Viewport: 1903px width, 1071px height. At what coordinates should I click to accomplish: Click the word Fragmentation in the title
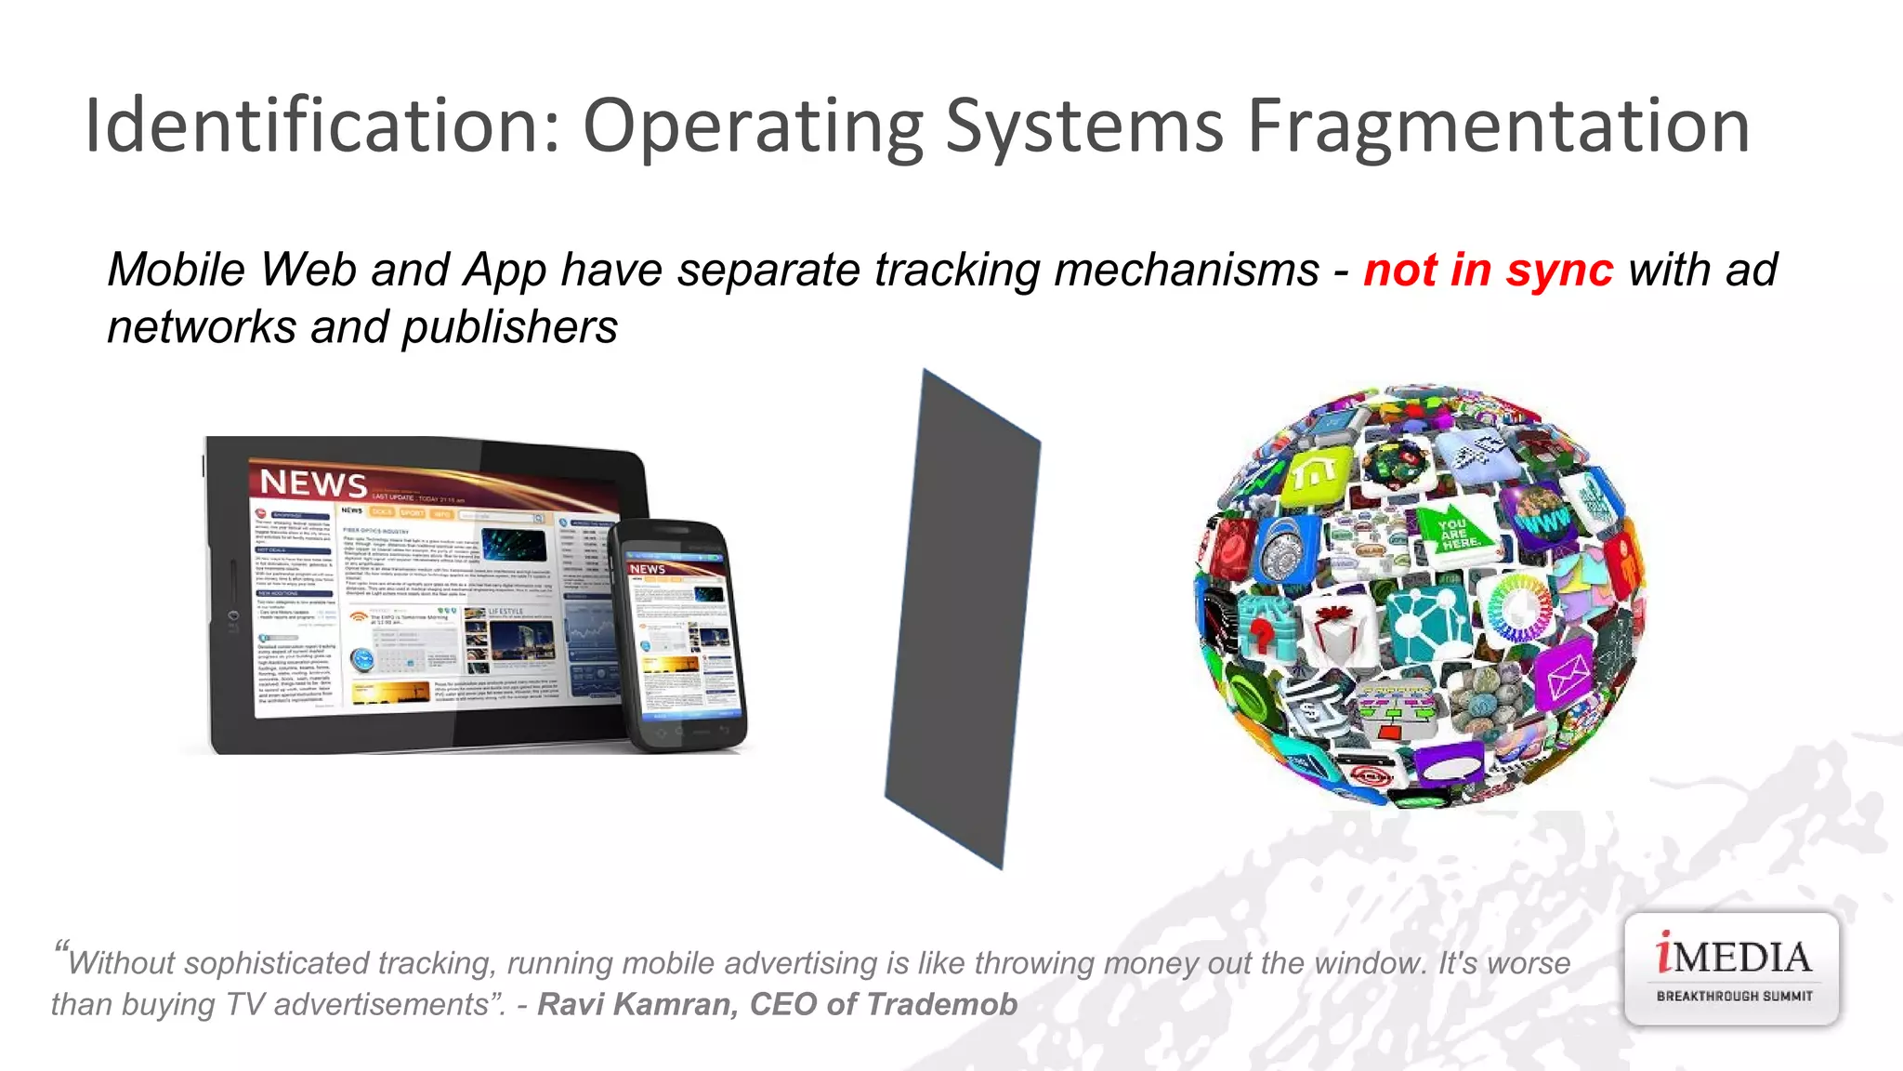pyautogui.click(x=1498, y=127)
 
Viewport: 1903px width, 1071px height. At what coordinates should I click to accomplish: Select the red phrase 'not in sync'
pyautogui.click(x=1488, y=271)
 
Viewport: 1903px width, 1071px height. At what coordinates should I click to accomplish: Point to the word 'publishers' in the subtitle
pyautogui.click(x=510, y=327)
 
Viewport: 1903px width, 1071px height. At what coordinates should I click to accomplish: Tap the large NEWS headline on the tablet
pyautogui.click(x=313, y=483)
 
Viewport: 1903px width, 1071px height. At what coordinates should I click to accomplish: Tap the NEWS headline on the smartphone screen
pyautogui.click(x=648, y=568)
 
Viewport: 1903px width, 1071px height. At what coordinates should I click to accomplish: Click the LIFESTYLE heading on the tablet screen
pyautogui.click(x=505, y=612)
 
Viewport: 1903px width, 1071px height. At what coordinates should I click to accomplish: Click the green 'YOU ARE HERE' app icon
pyautogui.click(x=1458, y=533)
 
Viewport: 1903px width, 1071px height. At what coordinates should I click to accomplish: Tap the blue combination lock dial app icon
pyautogui.click(x=1285, y=549)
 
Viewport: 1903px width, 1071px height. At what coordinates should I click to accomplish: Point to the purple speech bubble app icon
pyautogui.click(x=1449, y=768)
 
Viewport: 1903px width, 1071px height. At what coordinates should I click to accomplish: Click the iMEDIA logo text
pyautogui.click(x=1733, y=957)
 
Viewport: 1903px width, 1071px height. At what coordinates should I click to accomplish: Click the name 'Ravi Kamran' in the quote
pyautogui.click(x=637, y=1004)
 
